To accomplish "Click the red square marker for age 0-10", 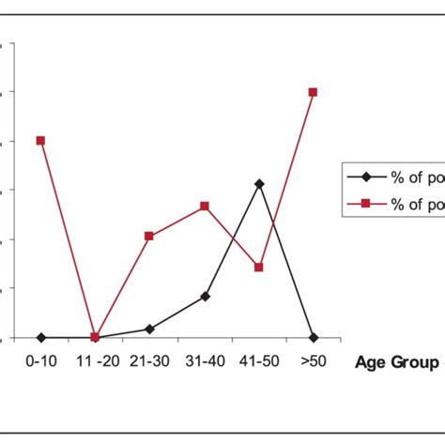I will (40, 141).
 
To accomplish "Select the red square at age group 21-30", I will (149, 237).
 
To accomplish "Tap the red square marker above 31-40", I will (205, 206).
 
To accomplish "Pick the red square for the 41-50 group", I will (259, 268).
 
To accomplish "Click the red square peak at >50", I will (313, 92).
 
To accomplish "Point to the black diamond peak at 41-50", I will (259, 184).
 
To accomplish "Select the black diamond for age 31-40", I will (205, 297).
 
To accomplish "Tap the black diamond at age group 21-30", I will (149, 330).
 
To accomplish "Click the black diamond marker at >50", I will (313, 338).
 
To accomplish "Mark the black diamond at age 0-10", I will (40, 338).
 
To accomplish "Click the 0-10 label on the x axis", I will (40, 361).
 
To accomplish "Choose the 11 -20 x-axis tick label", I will (95, 361).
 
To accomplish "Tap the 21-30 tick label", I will (149, 361).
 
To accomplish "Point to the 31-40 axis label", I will (205, 361).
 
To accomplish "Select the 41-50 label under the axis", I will (259, 361).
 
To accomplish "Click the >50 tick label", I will (313, 361).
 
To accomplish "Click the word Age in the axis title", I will (373, 362).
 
